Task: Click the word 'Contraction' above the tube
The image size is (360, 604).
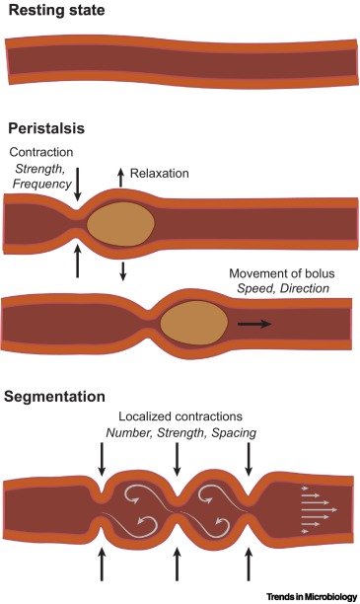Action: (41, 151)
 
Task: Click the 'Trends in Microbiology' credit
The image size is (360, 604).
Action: (315, 595)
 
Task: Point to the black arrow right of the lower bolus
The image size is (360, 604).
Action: (252, 323)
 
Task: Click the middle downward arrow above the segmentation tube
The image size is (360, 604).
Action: (176, 457)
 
